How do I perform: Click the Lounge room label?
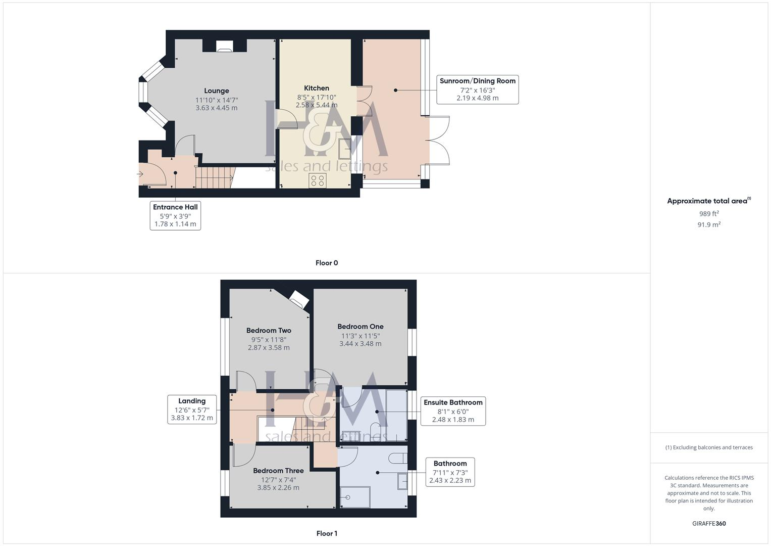coord(216,91)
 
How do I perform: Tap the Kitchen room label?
coord(317,88)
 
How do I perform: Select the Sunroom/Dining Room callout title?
coord(477,81)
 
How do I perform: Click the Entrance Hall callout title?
coord(175,207)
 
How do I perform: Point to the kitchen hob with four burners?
coord(318,180)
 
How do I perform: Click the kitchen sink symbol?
coord(346,149)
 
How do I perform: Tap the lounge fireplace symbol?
coord(224,47)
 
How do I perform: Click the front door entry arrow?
coord(140,174)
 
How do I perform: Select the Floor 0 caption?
coord(327,263)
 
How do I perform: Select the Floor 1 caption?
coord(327,533)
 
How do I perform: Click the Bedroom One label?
coord(361,327)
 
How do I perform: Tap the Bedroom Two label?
coord(269,331)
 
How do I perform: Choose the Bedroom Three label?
coord(278,471)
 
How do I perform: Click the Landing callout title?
coord(192,401)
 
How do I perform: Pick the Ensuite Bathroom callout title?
coord(453,402)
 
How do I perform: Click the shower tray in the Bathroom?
coord(355,497)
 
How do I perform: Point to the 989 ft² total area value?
coord(709,214)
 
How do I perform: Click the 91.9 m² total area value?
coord(709,225)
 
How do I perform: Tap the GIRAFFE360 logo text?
coord(709,524)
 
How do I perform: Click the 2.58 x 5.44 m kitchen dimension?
coord(317,105)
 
